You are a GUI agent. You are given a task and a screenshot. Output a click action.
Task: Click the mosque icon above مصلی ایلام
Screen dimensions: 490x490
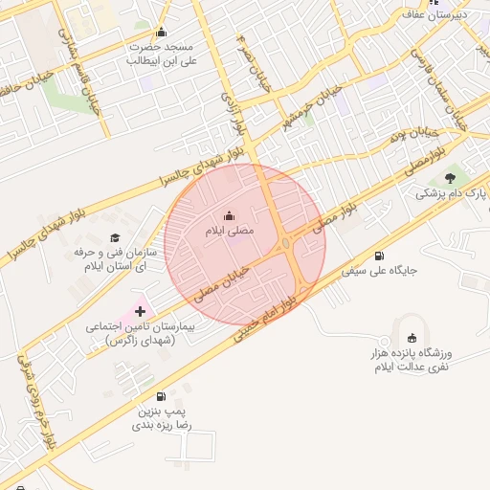[228, 215]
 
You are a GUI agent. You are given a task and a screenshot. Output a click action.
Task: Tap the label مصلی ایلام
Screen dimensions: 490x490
[228, 232]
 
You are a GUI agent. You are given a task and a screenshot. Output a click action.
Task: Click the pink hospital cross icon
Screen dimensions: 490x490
[141, 310]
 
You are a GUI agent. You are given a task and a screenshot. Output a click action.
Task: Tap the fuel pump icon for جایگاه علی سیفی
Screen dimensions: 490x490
[380, 256]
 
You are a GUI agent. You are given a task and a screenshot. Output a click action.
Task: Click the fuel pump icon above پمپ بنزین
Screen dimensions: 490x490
[160, 396]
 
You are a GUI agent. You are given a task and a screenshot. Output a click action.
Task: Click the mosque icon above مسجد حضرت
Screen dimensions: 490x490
[161, 33]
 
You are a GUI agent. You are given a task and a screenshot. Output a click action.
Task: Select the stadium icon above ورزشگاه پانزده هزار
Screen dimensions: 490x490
[412, 338]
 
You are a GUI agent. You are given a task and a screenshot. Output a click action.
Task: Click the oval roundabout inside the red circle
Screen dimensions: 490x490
[286, 245]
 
